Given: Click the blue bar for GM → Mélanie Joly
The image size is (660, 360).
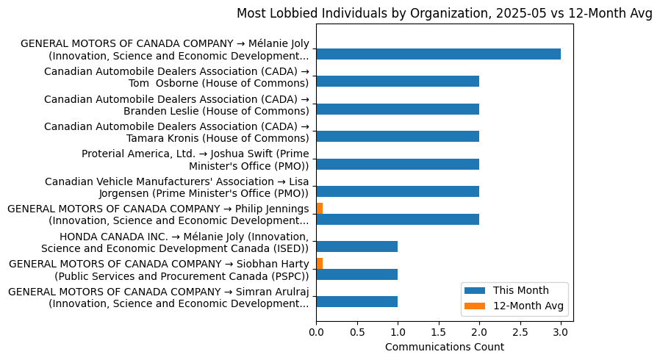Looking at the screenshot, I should click(438, 54).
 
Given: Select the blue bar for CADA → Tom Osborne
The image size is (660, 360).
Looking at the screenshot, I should click(398, 82).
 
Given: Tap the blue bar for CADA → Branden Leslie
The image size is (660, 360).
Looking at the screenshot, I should click(398, 109).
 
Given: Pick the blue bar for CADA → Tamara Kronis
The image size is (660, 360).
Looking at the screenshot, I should click(398, 137).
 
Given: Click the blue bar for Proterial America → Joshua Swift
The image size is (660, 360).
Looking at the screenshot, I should click(398, 164).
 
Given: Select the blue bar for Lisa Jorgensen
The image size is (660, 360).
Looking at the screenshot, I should click(398, 192).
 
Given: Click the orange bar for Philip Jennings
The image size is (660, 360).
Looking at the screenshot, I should click(320, 209).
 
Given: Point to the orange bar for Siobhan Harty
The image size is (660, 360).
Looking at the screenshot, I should click(320, 263).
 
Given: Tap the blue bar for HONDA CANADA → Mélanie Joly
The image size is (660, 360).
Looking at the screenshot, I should click(357, 247).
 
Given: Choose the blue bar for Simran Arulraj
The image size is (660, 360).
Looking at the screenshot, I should click(357, 301).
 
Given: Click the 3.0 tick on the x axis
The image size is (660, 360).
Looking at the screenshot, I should click(561, 332).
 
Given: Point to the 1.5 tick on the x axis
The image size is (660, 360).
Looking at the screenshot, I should click(439, 332).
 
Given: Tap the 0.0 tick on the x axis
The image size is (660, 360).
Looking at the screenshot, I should click(316, 332).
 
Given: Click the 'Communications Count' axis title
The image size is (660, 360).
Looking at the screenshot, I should click(444, 347).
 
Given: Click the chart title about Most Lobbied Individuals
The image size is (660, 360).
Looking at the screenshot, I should click(444, 14).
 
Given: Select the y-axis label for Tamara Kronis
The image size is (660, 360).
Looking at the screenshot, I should click(176, 132).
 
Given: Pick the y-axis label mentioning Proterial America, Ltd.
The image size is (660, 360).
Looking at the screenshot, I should click(195, 159).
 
